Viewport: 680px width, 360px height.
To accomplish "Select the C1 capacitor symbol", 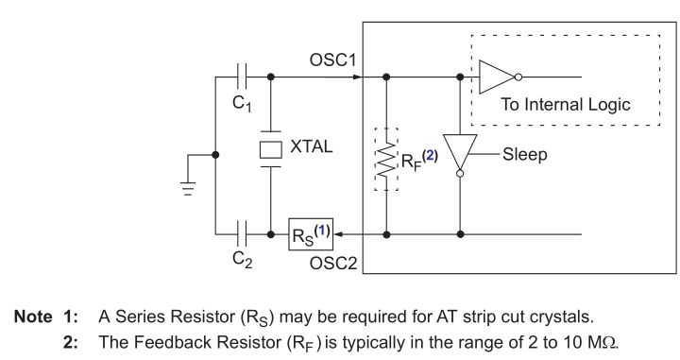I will tap(243, 77).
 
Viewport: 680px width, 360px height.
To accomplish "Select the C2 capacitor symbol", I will tap(243, 230).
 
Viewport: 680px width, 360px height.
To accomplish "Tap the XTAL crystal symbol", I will tap(271, 149).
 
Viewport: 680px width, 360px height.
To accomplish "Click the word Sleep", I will tap(524, 152).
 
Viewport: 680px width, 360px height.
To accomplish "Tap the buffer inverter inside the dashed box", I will tap(497, 77).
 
